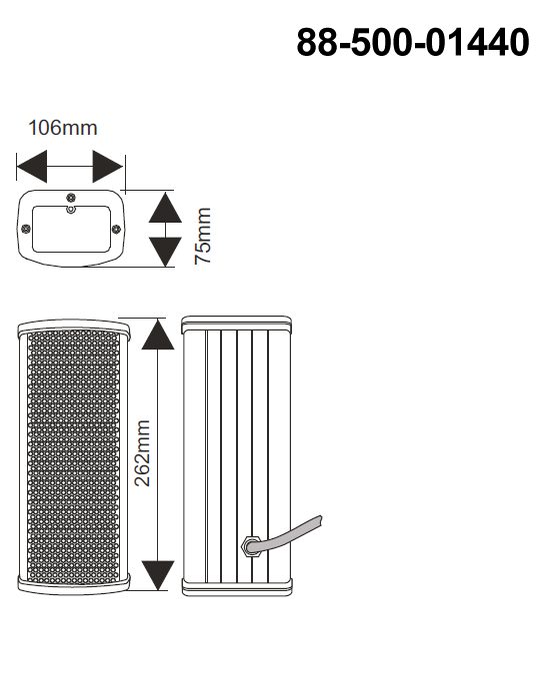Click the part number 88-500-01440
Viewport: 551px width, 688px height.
pyautogui.click(x=413, y=42)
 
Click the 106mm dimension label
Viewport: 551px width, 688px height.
pyautogui.click(x=62, y=128)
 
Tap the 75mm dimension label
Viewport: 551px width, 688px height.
pyautogui.click(x=203, y=236)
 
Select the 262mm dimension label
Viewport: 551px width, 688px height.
pyautogui.click(x=142, y=453)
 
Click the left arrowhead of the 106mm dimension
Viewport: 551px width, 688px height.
pyautogui.click(x=32, y=167)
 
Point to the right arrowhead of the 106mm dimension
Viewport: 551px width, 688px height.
pyautogui.click(x=108, y=167)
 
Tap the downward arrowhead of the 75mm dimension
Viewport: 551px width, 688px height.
pyautogui.click(x=165, y=252)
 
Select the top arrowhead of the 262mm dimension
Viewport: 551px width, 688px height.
pyautogui.click(x=158, y=334)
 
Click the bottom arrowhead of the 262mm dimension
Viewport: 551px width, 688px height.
pyautogui.click(x=158, y=575)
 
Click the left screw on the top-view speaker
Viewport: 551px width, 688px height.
pyautogui.click(x=26, y=229)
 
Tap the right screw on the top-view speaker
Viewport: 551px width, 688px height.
pyautogui.click(x=116, y=229)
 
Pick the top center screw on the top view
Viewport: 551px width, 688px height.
pyautogui.click(x=71, y=198)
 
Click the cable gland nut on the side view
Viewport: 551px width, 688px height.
pyautogui.click(x=251, y=546)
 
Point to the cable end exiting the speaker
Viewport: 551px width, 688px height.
pyautogui.click(x=319, y=521)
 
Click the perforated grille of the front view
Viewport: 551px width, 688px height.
pyautogui.click(x=73, y=458)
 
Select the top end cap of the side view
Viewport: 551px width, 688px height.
pyautogui.click(x=236, y=323)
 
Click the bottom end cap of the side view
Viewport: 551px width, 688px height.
pyautogui.click(x=237, y=587)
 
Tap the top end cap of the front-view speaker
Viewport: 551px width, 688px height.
pyautogui.click(x=74, y=327)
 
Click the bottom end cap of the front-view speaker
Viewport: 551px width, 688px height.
pyautogui.click(x=74, y=585)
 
